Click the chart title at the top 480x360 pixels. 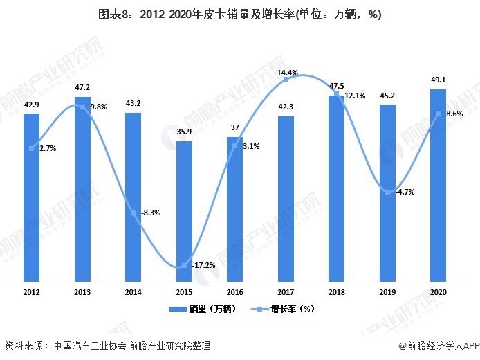240,14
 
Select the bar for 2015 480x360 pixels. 184,211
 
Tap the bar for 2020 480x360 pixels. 438,186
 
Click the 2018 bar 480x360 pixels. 336,188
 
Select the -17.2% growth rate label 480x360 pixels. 202,265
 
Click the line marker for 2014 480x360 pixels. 133,213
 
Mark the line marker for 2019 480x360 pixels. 387,192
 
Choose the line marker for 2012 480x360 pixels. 32,148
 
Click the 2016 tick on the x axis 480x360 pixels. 234,292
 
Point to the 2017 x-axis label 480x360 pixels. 286,292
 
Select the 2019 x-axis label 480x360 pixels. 387,292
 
